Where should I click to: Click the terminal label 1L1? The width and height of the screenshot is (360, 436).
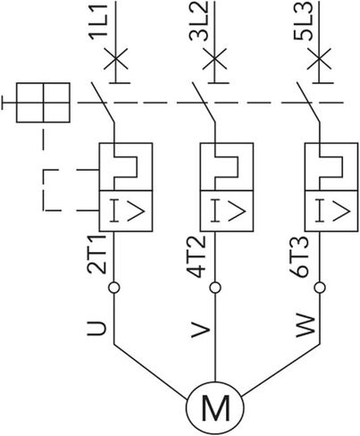97,21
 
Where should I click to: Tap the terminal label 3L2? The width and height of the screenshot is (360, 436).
198,21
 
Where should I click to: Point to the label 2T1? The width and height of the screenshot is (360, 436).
96,255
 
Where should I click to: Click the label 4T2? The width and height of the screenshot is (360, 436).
197,256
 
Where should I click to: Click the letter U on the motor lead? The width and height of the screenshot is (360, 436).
96,329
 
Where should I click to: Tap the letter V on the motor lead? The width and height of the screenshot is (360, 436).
201,330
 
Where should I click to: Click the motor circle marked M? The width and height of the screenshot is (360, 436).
215,407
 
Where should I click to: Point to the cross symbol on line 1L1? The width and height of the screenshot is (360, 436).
116,58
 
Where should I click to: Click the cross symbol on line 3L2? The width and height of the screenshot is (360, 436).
214,58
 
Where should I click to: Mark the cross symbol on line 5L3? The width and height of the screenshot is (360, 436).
319,58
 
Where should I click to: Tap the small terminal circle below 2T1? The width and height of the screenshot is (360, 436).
113,288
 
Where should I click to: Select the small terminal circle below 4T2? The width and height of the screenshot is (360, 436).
215,288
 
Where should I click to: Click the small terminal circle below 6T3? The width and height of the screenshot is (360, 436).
320,288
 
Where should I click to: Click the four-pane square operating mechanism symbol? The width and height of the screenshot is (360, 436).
43,103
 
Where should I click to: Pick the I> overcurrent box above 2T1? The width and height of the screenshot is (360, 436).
126,211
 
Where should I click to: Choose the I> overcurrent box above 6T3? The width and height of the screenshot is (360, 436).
331,211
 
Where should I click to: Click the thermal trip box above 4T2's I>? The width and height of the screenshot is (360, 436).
227,167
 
